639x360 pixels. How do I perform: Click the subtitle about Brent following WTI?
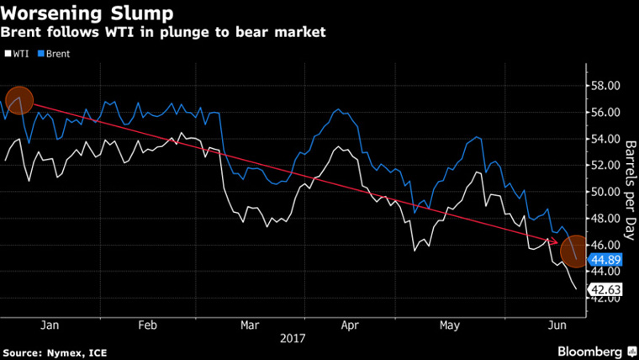click(164, 33)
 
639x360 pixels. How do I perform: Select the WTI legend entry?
click(18, 53)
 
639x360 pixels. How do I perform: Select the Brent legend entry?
click(54, 53)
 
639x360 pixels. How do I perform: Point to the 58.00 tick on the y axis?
click(605, 86)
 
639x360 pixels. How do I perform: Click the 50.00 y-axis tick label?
click(605, 192)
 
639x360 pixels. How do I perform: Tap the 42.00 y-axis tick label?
click(605, 298)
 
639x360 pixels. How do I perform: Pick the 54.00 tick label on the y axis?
click(605, 139)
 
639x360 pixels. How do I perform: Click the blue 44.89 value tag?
click(605, 260)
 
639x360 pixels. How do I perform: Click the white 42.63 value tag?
click(605, 289)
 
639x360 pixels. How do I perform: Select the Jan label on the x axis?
click(49, 325)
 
